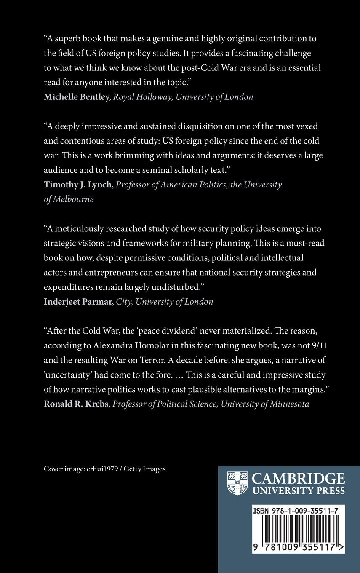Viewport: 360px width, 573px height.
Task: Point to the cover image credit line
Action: point(104,469)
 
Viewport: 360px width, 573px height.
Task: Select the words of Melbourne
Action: point(69,199)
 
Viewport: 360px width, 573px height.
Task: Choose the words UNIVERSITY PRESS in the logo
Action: point(298,490)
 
